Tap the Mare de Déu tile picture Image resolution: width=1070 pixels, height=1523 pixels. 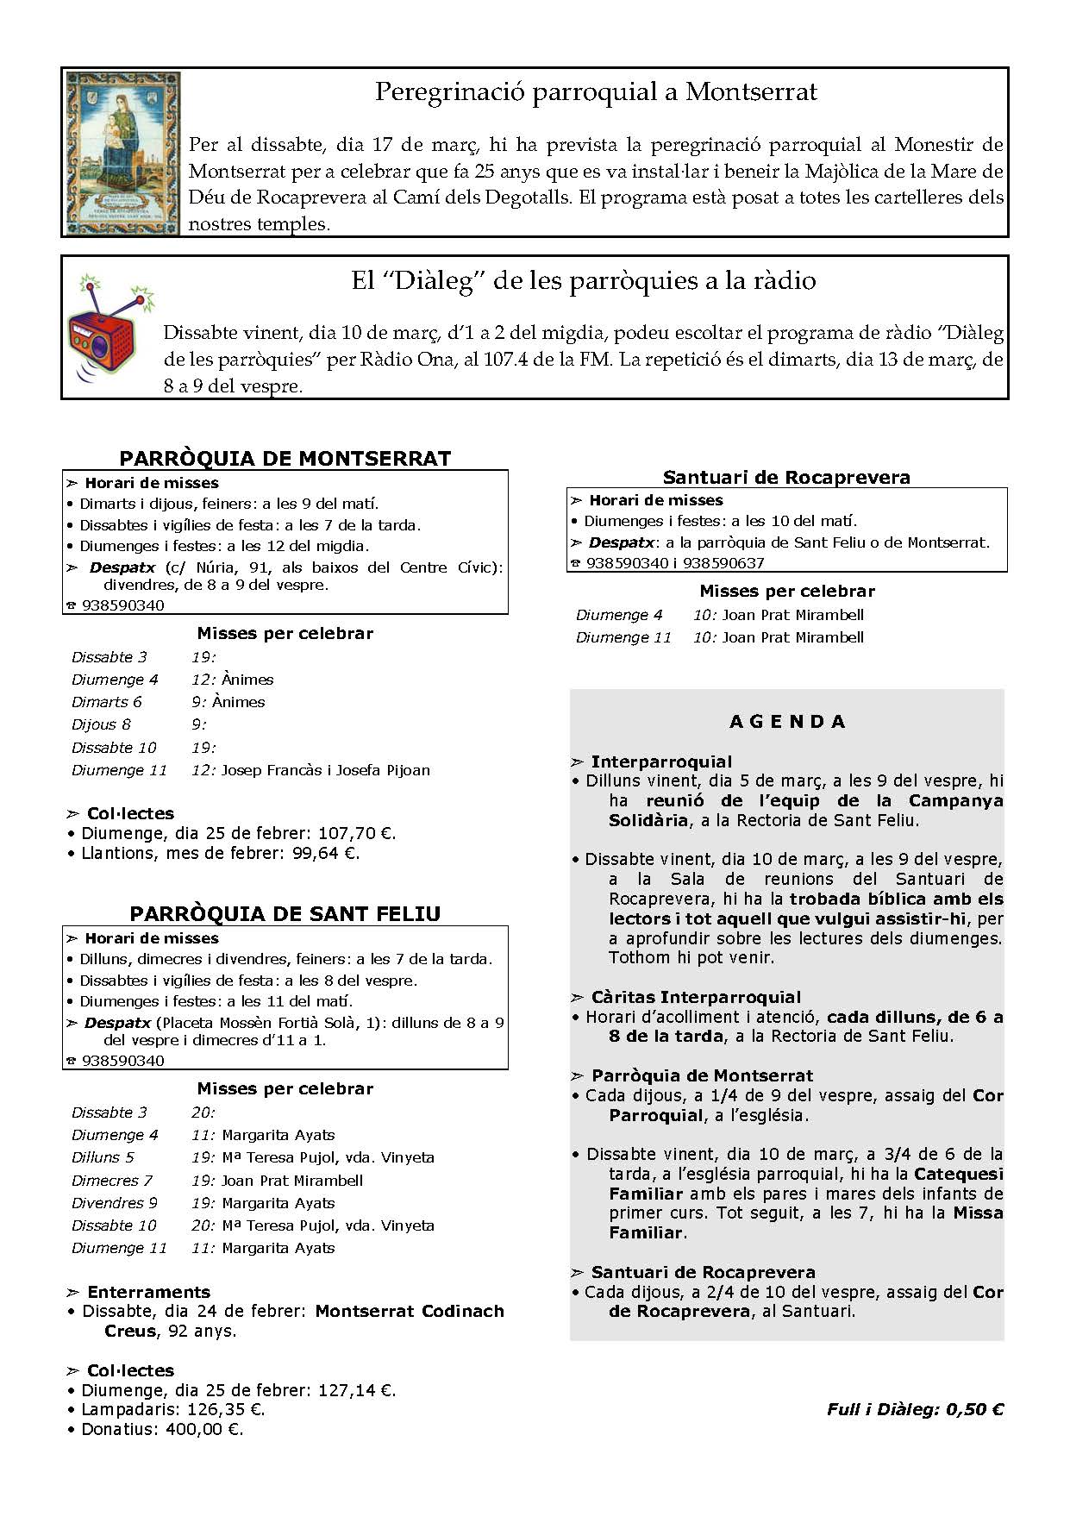click(123, 153)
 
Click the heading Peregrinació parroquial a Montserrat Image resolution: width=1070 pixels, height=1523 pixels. click(596, 92)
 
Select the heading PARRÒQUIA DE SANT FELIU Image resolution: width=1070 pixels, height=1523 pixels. click(285, 913)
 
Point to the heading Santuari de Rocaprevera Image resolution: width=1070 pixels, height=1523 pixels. click(786, 477)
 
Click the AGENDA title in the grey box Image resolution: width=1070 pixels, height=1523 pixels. click(787, 722)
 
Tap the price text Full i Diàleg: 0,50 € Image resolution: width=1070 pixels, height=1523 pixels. click(915, 1410)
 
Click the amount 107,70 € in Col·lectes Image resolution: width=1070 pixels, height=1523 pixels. click(356, 834)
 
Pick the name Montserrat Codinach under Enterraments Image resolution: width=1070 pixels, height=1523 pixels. click(410, 1311)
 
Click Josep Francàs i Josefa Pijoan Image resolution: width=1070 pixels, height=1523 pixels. click(325, 770)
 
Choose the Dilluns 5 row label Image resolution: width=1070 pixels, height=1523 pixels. click(103, 1157)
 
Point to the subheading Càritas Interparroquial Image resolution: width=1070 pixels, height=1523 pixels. click(696, 997)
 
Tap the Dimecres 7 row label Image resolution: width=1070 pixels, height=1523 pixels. click(112, 1181)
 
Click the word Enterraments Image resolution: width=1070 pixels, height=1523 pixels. click(148, 1292)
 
